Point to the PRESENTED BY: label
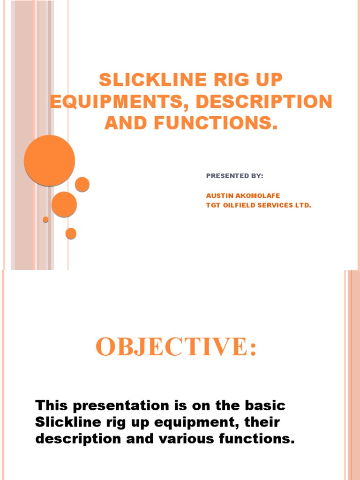click(x=235, y=176)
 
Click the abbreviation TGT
click(x=213, y=205)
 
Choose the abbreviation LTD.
click(x=303, y=205)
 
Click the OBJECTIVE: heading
click(x=176, y=348)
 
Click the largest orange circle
click(x=49, y=160)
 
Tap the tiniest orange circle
click(x=45, y=219)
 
